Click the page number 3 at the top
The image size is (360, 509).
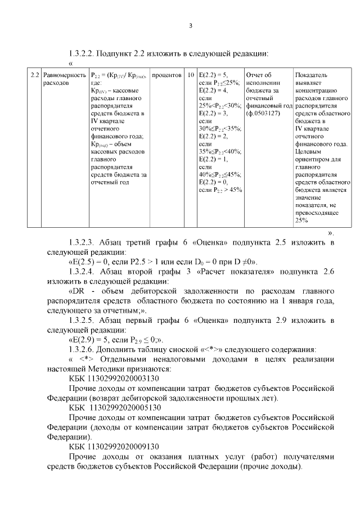(190, 25)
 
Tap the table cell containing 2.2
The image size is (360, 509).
(34, 75)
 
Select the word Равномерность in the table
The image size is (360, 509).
(65, 75)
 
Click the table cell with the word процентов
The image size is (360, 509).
(166, 75)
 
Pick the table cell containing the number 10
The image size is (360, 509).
(191, 75)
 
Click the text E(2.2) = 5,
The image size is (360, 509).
(214, 75)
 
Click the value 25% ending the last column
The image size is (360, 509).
(302, 220)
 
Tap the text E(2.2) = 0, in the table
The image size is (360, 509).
(214, 182)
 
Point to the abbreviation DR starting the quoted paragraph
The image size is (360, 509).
(78, 291)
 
